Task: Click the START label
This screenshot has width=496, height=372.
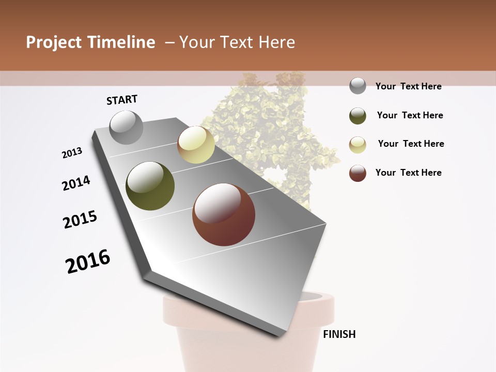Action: [x=122, y=100]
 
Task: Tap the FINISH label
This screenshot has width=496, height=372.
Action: [x=339, y=334]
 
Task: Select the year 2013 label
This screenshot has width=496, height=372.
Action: [x=72, y=153]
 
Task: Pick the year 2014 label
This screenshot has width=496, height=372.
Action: [x=76, y=183]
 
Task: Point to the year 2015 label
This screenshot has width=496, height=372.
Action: [x=80, y=220]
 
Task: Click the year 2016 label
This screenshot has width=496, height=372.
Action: [x=88, y=261]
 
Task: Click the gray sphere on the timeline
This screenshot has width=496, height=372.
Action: [x=127, y=127]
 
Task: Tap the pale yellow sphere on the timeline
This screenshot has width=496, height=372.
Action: [x=196, y=145]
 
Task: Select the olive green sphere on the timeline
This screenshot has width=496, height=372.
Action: [x=150, y=186]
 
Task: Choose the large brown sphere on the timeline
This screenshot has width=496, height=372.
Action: [x=224, y=214]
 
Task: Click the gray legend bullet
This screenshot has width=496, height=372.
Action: [x=358, y=86]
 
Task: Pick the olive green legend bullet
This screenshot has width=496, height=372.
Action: [x=358, y=116]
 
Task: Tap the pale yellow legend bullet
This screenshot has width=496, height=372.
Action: [x=358, y=145]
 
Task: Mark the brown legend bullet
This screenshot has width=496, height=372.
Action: [x=358, y=173]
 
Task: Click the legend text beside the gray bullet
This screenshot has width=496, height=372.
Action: [x=408, y=86]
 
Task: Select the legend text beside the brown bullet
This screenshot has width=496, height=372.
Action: [x=408, y=173]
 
